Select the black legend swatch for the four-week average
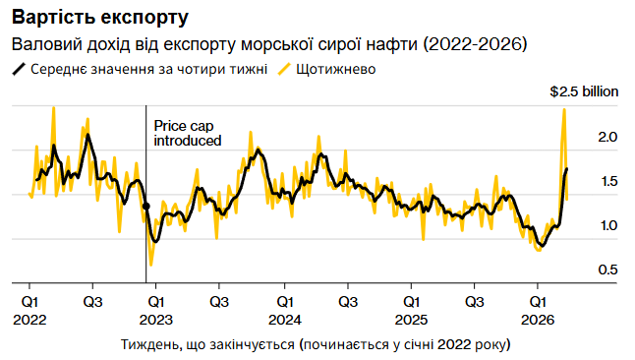click(x=18, y=70)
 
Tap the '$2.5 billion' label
click(x=583, y=91)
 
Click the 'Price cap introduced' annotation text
click(x=188, y=134)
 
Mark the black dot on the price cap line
click(x=146, y=207)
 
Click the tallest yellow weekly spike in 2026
click(x=563, y=109)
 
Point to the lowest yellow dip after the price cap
click(x=150, y=265)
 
